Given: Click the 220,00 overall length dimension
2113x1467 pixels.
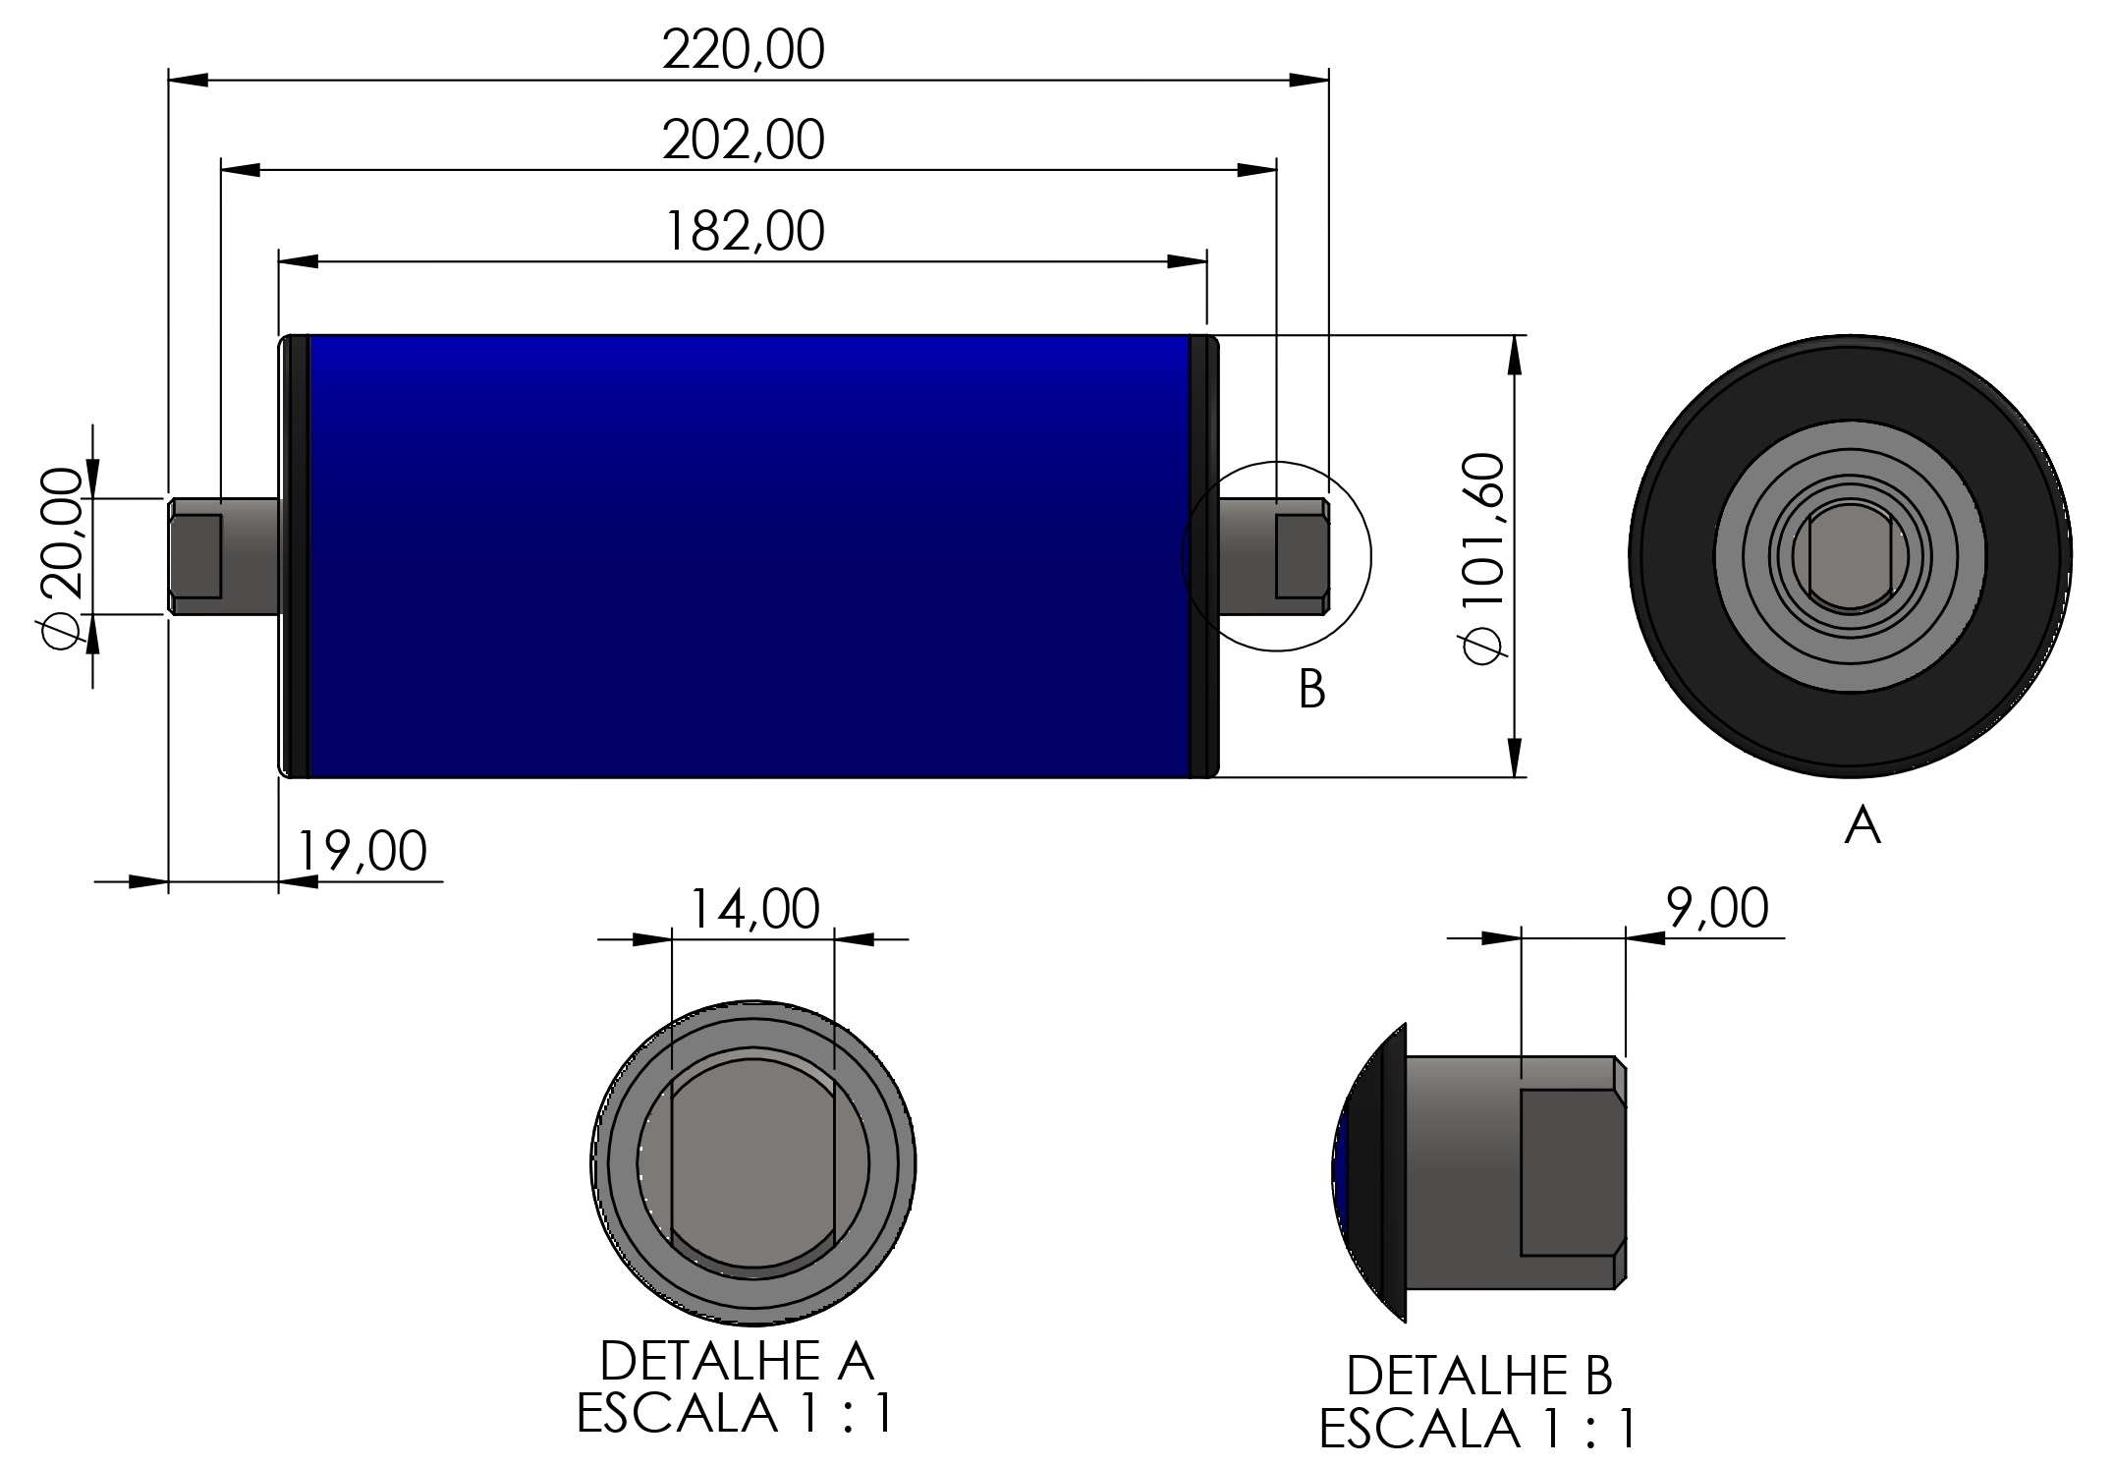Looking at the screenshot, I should pos(743,50).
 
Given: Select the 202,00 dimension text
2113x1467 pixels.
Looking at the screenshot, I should pos(743,141).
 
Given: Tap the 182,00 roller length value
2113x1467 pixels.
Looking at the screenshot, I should pos(745,233).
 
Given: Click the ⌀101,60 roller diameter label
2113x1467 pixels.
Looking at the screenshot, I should pos(1484,557).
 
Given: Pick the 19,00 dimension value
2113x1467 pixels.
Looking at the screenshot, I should pos(361,851).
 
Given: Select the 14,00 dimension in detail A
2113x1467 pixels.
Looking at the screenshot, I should pos(754,909).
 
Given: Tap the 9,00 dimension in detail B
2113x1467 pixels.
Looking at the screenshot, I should pos(1717,908).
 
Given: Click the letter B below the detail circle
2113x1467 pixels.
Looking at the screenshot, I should pos(1311,690).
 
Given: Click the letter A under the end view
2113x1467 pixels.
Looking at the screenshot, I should pos(1863,825).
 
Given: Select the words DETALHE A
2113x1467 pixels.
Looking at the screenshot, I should pos(736,1362).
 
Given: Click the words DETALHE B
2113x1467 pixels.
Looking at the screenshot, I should pos(1478,1376).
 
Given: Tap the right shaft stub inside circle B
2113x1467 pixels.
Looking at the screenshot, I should pos(1274,557).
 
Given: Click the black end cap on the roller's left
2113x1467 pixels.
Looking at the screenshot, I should pos(296,557).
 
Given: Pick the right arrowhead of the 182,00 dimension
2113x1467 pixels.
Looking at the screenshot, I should pos(1188,261).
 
